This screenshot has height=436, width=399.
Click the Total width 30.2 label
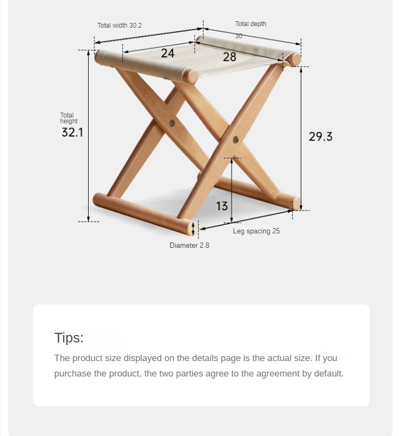[x=119, y=26]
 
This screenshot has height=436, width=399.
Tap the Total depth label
[x=251, y=24]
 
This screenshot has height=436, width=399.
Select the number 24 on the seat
[x=168, y=53]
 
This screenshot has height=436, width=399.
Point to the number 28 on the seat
[x=229, y=57]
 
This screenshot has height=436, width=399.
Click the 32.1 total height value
[x=72, y=132]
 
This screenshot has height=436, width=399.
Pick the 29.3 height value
[x=321, y=137]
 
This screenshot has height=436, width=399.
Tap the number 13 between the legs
[x=222, y=206]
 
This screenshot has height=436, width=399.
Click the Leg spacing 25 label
[x=256, y=231]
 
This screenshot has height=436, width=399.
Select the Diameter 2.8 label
[x=189, y=245]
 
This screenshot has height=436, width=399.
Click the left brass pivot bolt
[x=172, y=123]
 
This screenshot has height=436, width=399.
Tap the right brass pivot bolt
[x=235, y=139]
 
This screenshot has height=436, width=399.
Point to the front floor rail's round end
[x=190, y=228]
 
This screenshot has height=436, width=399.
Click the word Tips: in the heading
[x=69, y=338]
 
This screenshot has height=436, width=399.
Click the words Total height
[x=69, y=118]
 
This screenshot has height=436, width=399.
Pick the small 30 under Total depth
[x=238, y=36]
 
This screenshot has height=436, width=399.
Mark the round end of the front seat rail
[x=190, y=76]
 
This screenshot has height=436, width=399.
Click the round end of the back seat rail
[x=294, y=59]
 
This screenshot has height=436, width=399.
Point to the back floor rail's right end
[x=296, y=204]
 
